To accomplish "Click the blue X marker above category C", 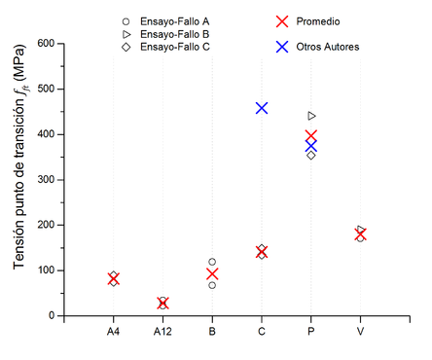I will (262, 108).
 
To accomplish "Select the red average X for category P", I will (311, 136).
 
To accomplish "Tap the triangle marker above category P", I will (311, 116).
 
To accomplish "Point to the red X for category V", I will (360, 234).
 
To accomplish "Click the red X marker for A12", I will (162, 304).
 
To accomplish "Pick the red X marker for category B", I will (212, 274).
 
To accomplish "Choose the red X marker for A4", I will (114, 279).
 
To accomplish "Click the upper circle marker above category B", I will (212, 262).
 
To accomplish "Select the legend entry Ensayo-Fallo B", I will (176, 34).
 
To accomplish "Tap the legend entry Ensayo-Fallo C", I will (176, 47).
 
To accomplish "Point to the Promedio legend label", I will (322, 20).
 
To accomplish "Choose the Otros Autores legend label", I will (331, 46).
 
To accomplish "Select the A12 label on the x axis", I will (162, 333).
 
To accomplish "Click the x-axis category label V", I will (360, 333).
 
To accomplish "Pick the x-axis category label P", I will (311, 333).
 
